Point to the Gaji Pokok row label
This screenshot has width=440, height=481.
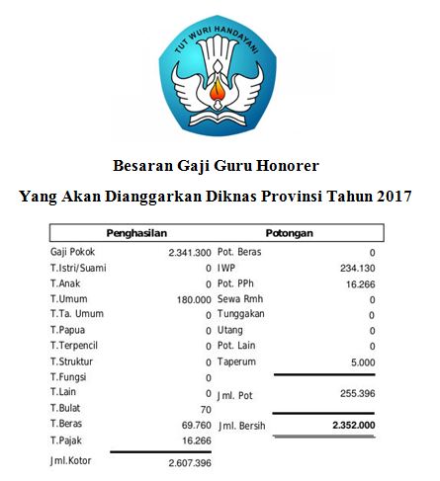(x=73, y=253)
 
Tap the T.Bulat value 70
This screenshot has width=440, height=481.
(x=206, y=409)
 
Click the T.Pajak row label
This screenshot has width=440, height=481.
(x=66, y=441)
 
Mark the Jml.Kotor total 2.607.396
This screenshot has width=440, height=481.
(x=189, y=462)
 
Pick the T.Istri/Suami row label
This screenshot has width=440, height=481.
(x=81, y=268)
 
